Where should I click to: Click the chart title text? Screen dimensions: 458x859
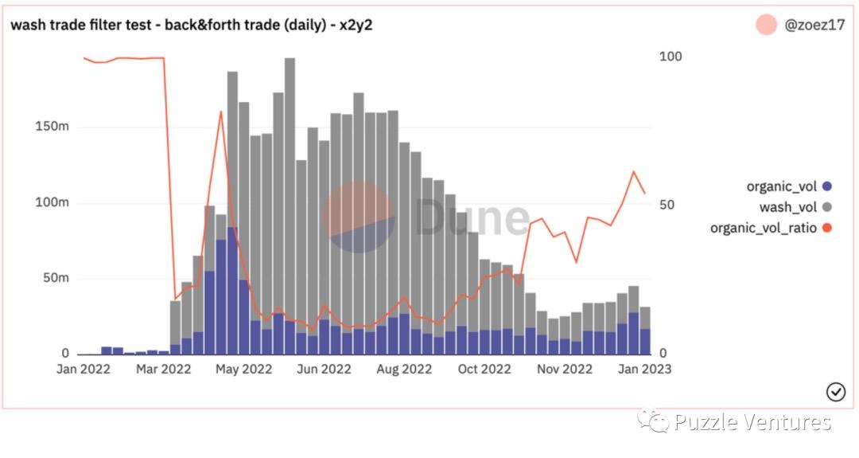[x=191, y=25]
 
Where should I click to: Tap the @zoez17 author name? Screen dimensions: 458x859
[x=814, y=25]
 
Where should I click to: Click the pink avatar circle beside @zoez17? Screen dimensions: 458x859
[x=766, y=25]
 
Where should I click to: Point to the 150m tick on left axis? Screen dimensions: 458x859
[x=53, y=127]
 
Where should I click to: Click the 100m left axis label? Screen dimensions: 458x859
[x=53, y=202]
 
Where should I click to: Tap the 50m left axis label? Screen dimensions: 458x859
[x=56, y=279]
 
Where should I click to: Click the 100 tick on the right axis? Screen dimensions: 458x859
[x=670, y=57]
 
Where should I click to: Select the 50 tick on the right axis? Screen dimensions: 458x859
[x=667, y=205]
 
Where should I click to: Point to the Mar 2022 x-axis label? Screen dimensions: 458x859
[x=163, y=369]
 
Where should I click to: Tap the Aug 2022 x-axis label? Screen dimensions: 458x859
[x=403, y=369]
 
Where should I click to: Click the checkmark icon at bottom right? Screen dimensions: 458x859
[x=836, y=391]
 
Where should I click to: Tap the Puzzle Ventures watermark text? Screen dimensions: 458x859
[x=752, y=422]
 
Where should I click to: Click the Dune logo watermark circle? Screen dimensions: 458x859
[x=359, y=217]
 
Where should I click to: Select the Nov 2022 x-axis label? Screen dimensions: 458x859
[x=565, y=369]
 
